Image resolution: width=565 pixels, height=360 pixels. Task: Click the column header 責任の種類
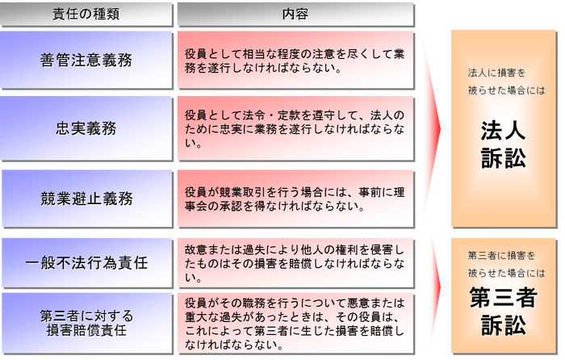pyautogui.click(x=86, y=14)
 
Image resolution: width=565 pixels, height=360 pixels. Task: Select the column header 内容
pyautogui.click(x=295, y=14)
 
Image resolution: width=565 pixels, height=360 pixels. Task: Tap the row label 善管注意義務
pyautogui.click(x=86, y=60)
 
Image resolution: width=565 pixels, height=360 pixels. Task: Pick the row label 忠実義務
pyautogui.click(x=86, y=128)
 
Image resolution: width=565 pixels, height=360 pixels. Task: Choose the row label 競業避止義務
pyautogui.click(x=86, y=199)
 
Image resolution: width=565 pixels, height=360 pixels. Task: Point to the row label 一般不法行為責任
pyautogui.click(x=86, y=263)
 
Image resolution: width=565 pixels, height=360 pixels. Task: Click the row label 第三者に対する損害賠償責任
pyautogui.click(x=86, y=323)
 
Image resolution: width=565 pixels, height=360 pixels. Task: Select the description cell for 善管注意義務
pyautogui.click(x=295, y=61)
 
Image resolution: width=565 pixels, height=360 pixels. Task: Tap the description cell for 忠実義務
pyautogui.click(x=295, y=128)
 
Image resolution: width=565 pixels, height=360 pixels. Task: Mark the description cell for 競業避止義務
pyautogui.click(x=295, y=199)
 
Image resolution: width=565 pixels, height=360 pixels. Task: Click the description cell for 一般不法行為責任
pyautogui.click(x=295, y=263)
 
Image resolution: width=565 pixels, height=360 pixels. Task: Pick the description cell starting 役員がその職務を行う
pyautogui.click(x=295, y=323)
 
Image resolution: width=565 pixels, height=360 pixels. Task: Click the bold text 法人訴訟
pyautogui.click(x=503, y=144)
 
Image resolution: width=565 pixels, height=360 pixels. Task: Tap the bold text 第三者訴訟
pyautogui.click(x=503, y=312)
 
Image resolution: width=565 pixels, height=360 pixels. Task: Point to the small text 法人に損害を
pyautogui.click(x=496, y=73)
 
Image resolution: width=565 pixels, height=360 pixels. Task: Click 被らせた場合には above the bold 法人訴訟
pyautogui.click(x=506, y=90)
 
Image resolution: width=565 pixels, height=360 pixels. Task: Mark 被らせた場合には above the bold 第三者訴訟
pyautogui.click(x=506, y=273)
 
